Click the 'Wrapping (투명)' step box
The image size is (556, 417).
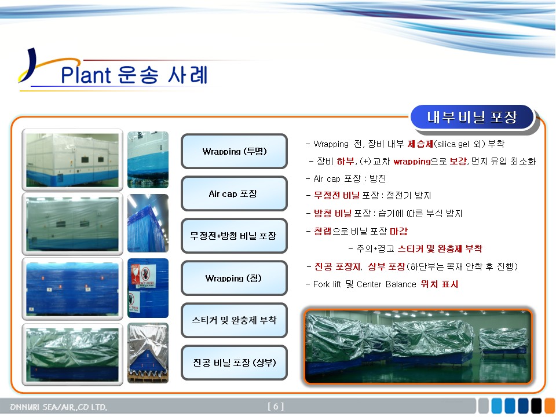(234, 151)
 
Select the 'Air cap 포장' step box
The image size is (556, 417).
(234, 193)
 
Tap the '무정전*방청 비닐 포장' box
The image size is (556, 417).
(234, 236)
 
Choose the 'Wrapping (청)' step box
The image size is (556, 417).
(234, 278)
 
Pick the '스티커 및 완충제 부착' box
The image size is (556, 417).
(234, 320)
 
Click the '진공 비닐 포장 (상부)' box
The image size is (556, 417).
(234, 363)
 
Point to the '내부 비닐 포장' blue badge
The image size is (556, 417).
(473, 118)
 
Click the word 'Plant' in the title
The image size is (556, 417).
(86, 75)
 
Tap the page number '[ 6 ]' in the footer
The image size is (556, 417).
(276, 407)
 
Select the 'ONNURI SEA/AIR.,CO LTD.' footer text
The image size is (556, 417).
(58, 407)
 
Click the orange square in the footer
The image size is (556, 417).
(550, 406)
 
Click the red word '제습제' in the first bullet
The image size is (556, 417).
(420, 144)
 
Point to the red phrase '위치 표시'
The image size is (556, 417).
(440, 284)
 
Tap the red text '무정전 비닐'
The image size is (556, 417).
(336, 195)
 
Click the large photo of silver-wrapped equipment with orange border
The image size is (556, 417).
(418, 346)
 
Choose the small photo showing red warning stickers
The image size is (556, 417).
(148, 288)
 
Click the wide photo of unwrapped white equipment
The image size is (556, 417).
(72, 160)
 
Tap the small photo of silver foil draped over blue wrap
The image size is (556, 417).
(148, 353)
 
